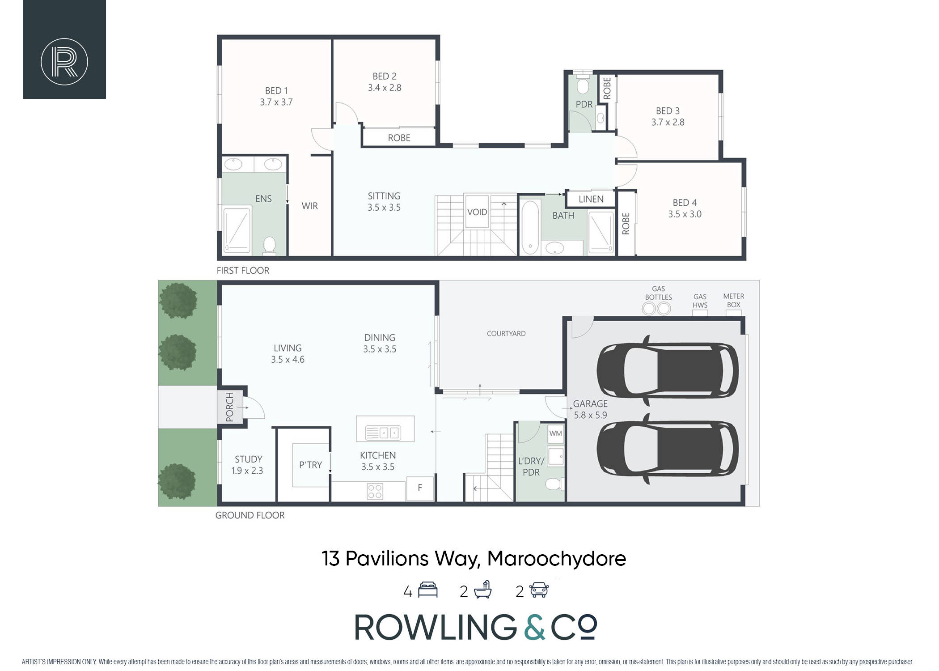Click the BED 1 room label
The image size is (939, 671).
click(x=276, y=91)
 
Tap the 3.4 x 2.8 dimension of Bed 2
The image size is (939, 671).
click(x=385, y=88)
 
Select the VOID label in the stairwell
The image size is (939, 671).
click(x=477, y=212)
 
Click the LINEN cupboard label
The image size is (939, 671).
click(x=591, y=199)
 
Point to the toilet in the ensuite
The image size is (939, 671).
click(x=269, y=245)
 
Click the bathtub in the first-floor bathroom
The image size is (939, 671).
click(x=530, y=227)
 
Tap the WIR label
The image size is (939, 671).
click(x=310, y=206)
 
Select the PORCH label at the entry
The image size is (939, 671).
click(x=230, y=407)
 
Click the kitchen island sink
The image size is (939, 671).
click(x=383, y=433)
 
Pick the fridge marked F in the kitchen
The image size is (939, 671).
click(x=420, y=488)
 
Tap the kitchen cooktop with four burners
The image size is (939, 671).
click(x=375, y=491)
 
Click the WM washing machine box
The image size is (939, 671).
click(x=556, y=433)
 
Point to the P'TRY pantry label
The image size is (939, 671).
click(x=311, y=465)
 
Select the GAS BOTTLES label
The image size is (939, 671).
click(x=658, y=293)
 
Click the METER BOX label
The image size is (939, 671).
click(x=734, y=301)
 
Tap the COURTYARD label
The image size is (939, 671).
click(x=506, y=334)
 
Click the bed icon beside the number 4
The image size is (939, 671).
click(x=428, y=590)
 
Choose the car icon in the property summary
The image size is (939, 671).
click(x=539, y=590)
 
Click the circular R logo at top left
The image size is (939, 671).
click(x=64, y=62)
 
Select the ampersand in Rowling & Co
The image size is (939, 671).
click(x=534, y=627)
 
